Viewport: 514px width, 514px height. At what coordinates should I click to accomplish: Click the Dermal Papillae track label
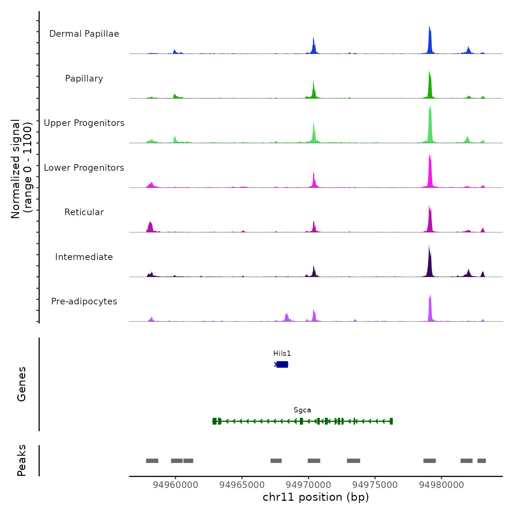84,34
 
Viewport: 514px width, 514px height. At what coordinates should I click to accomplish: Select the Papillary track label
84,79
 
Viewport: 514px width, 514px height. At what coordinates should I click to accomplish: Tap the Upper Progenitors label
84,123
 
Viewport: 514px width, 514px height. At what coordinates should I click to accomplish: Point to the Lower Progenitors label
84,168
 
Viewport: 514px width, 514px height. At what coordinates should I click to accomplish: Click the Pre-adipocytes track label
84,301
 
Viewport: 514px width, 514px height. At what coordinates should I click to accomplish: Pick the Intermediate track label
84,257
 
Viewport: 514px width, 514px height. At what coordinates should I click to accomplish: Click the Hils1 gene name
282,354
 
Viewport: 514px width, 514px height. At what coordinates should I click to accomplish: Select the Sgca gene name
302,410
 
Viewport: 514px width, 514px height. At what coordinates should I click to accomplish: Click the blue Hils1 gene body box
282,364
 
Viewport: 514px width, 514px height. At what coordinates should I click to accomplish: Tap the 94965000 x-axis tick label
242,485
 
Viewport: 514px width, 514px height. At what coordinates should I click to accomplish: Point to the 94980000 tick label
441,485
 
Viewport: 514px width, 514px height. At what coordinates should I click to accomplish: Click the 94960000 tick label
175,485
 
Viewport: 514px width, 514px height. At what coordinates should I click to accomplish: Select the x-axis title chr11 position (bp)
316,497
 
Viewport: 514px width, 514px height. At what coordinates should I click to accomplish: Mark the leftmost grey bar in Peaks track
152,461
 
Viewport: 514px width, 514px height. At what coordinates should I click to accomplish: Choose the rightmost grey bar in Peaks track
481,461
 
